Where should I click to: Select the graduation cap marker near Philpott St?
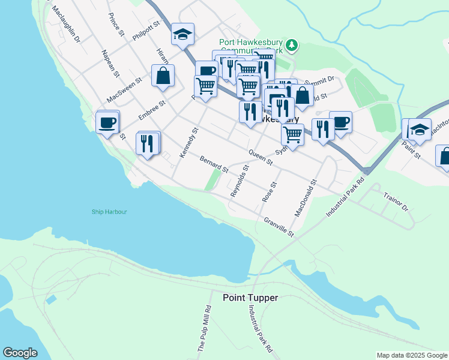[182, 34]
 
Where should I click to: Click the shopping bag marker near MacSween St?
[163, 76]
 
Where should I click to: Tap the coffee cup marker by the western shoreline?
[107, 122]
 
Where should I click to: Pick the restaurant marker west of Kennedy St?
[148, 143]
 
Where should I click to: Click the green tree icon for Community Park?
[291, 45]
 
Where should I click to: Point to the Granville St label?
[279, 227]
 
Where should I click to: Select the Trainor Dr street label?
[396, 202]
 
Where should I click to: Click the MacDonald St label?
[305, 197]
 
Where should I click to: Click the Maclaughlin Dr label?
[66, 26]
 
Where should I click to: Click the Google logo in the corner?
[20, 352]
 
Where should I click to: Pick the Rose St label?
[268, 191]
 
